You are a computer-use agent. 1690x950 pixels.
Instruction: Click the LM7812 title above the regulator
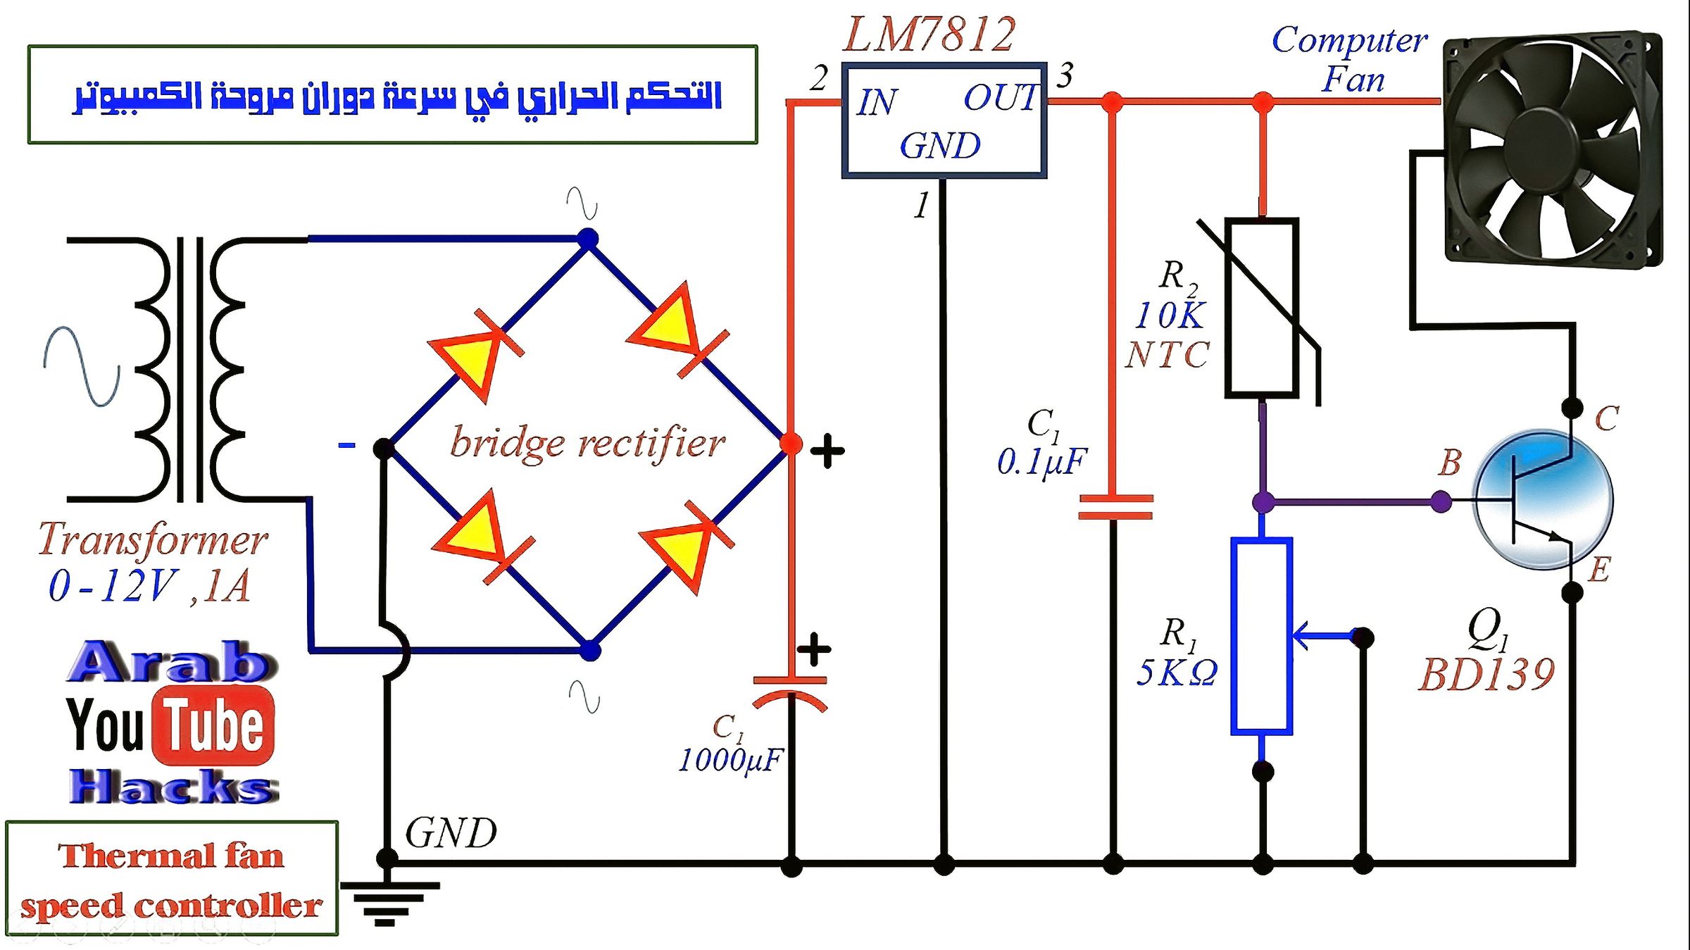[929, 35]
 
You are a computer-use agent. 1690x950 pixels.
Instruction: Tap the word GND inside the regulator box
[940, 146]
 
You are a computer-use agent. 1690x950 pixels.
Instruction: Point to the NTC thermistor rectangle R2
[1262, 308]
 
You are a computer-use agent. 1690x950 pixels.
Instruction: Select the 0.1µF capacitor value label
[1041, 462]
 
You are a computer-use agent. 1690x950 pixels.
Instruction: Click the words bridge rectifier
[587, 443]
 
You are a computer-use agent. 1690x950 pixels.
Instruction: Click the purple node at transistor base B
[1441, 502]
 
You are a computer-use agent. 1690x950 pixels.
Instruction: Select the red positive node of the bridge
[791, 444]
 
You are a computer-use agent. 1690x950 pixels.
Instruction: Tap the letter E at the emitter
[1599, 569]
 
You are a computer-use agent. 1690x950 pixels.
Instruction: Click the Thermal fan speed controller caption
[171, 880]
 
